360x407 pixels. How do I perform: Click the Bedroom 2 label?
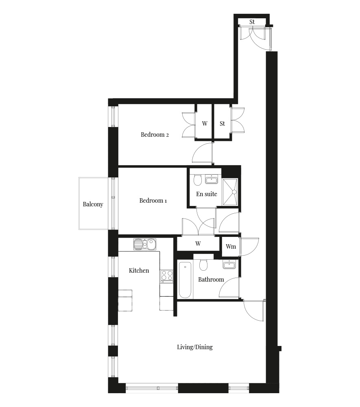tap(155, 134)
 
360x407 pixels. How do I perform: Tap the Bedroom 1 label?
tap(153, 200)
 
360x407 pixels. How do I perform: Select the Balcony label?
tap(93, 204)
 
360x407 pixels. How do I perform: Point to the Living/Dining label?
tap(195, 347)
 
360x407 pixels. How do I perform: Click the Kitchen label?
tap(139, 271)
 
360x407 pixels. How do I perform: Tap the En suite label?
tap(207, 194)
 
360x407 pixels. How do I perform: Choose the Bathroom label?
tap(211, 280)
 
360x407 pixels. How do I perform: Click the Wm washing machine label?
tap(231, 246)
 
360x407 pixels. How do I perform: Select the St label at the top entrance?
tap(252, 22)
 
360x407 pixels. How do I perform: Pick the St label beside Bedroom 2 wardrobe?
tap(222, 124)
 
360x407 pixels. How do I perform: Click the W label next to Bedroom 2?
tap(205, 124)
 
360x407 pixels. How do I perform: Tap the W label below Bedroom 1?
tap(198, 243)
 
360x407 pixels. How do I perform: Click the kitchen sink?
tap(145, 244)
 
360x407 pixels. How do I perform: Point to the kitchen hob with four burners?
tap(166, 275)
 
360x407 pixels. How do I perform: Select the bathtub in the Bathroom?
tap(185, 280)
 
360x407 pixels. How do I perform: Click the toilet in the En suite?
tap(198, 179)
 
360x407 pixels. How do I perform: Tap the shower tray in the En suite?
tap(230, 192)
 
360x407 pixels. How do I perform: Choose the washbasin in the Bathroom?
tap(229, 265)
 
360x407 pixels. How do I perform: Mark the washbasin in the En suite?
tap(212, 179)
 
